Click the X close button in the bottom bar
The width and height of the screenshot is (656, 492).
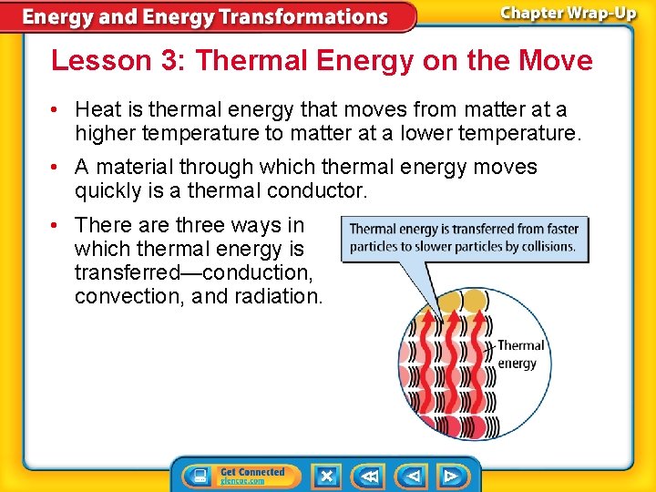[326, 476]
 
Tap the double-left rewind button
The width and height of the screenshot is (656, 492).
[369, 476]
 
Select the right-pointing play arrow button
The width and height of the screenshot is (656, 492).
[450, 476]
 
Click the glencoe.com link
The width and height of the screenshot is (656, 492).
[242, 481]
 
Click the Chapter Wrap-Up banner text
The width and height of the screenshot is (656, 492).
[568, 14]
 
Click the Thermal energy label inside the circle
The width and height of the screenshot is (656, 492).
[518, 354]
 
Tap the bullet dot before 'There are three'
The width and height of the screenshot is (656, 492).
[56, 225]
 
